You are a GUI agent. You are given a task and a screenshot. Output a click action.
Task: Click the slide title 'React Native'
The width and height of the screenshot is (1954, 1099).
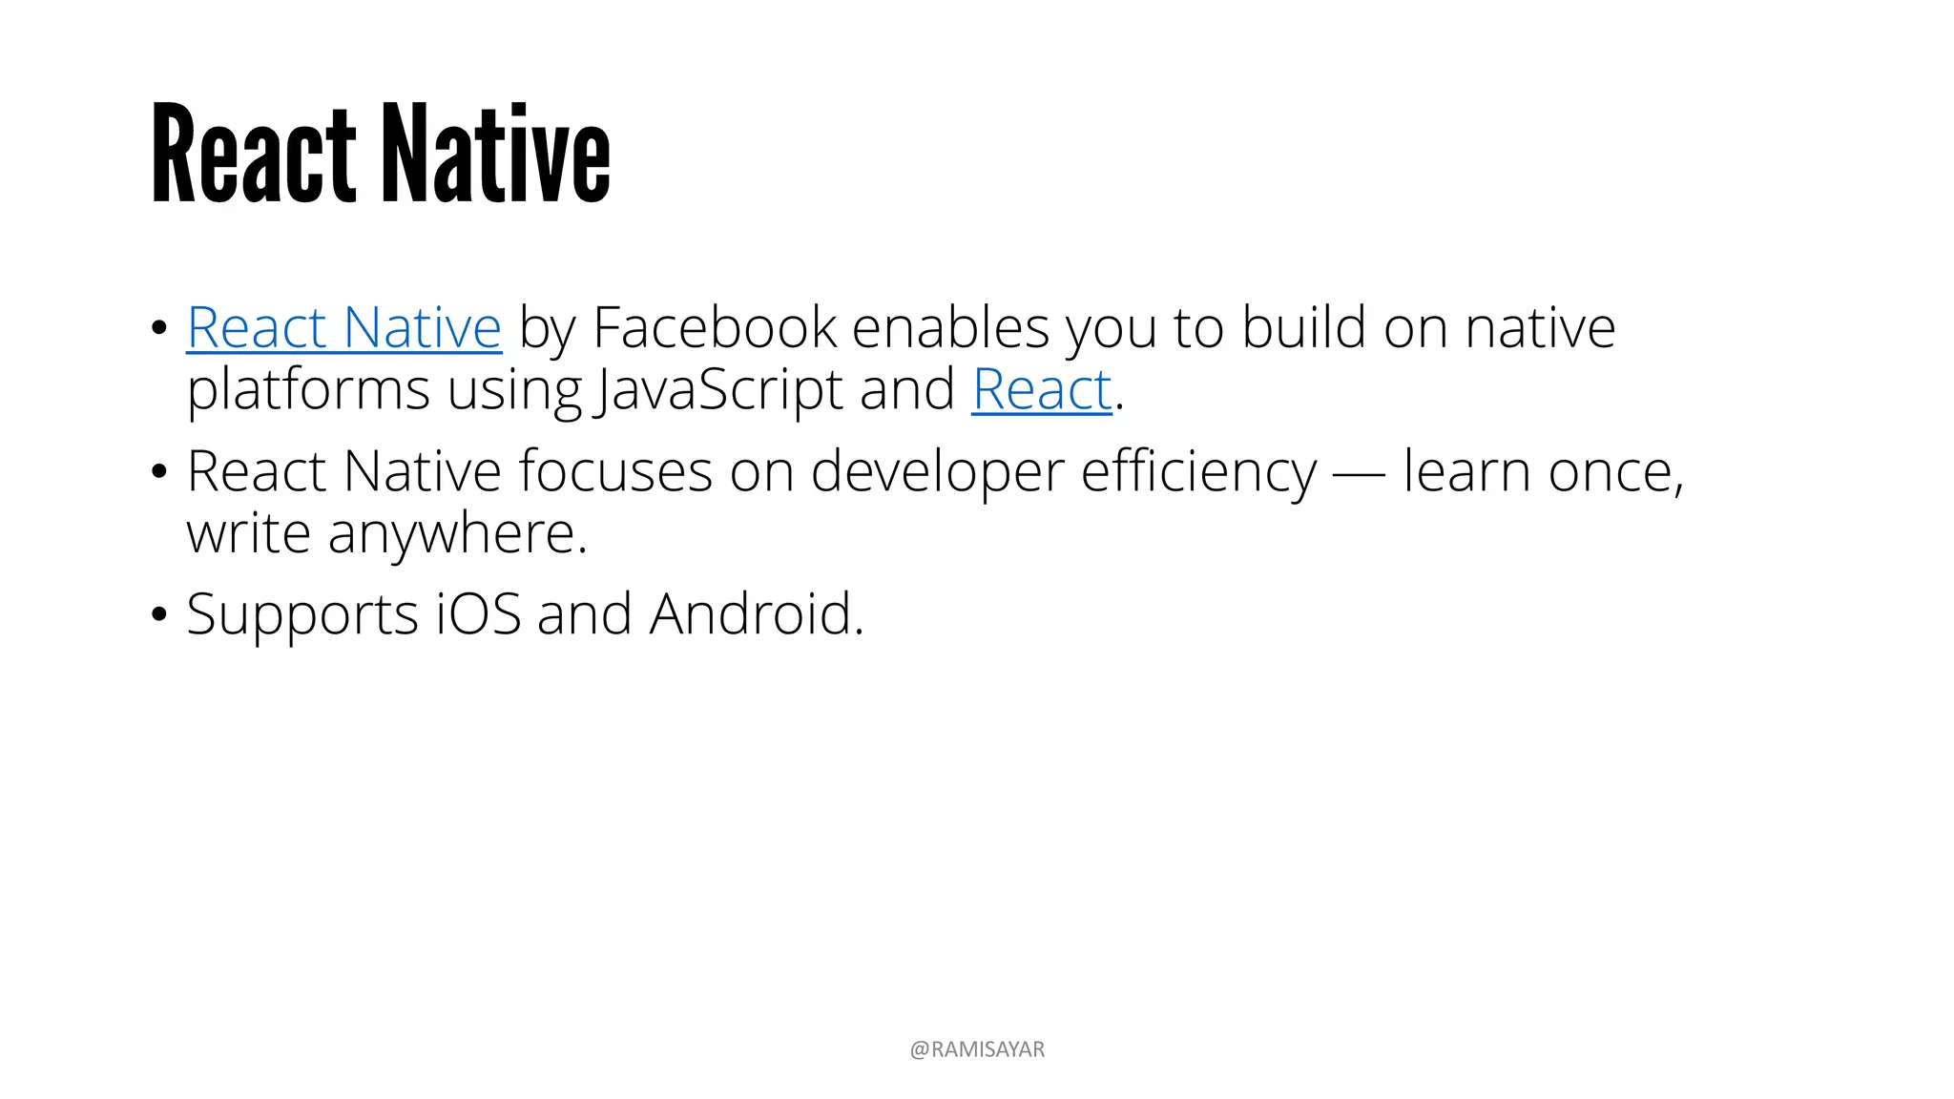tap(380, 155)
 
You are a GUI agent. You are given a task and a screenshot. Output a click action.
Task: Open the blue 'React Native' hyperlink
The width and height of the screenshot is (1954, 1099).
tap(343, 328)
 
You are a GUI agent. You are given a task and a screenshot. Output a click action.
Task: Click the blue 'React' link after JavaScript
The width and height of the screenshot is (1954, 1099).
tap(1041, 390)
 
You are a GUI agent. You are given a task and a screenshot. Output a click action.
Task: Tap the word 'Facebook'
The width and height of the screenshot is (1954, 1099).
tap(715, 328)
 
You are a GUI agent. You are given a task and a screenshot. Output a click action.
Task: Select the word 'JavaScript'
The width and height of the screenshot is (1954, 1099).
tap(718, 390)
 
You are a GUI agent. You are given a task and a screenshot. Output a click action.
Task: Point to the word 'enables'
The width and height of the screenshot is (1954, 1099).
tap(950, 328)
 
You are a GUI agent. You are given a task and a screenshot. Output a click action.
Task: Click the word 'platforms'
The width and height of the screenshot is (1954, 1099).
tap(308, 390)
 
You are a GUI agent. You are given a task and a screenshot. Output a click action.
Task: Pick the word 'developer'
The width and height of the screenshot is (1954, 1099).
tap(937, 471)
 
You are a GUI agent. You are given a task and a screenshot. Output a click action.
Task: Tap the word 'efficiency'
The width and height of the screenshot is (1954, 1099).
tap(1198, 471)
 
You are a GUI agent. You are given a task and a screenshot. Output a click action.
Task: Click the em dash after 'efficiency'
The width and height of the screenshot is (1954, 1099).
tap(1360, 473)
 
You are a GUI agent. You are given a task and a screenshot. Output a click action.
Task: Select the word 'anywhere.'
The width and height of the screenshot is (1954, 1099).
tap(458, 533)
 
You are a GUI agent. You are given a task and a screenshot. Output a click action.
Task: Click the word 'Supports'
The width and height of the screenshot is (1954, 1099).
tap(302, 614)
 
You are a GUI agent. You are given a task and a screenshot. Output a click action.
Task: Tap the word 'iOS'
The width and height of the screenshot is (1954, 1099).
tap(479, 614)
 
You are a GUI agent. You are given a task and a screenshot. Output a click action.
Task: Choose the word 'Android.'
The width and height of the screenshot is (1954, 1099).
tap(757, 614)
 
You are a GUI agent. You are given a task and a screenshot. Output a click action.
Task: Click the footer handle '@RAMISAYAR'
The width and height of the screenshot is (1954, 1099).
tap(977, 1049)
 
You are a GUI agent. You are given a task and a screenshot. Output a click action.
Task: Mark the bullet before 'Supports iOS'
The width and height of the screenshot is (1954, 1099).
tap(159, 615)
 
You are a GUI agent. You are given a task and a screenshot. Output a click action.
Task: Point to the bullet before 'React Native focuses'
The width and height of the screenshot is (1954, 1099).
tap(159, 472)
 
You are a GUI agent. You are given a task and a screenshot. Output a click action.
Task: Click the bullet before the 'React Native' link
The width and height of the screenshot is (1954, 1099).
tap(159, 329)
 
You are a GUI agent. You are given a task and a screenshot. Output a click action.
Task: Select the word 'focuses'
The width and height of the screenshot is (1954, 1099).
tap(615, 471)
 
